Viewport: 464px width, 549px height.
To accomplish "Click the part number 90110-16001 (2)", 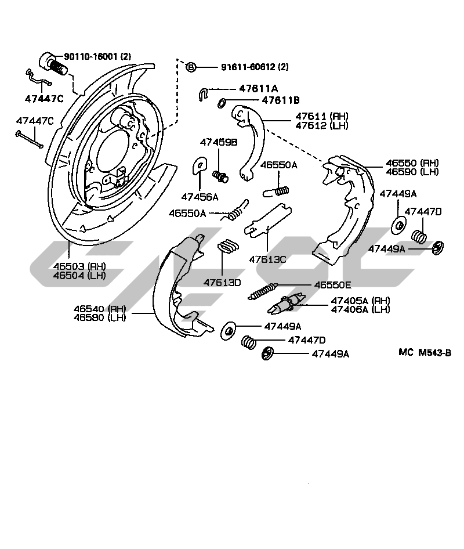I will coord(97,56).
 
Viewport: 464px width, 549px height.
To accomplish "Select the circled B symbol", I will coord(191,67).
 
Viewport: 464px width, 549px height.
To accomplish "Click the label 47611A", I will coord(259,88).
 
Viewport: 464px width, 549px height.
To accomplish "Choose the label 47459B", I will coord(219,142).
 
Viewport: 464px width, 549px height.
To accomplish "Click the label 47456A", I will coord(199,197).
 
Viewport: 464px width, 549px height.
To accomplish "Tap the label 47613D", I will coord(222,283).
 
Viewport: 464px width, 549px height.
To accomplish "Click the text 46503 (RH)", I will coord(81,266).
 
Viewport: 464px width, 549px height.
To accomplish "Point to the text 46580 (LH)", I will coord(99,317).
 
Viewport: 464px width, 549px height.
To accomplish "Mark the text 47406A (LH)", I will coord(360,309).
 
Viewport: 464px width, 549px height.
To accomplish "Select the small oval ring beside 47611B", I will coord(222,103).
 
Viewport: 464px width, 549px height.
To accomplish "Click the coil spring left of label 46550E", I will coord(263,290).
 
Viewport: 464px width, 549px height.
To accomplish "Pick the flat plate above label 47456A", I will coord(199,166).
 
